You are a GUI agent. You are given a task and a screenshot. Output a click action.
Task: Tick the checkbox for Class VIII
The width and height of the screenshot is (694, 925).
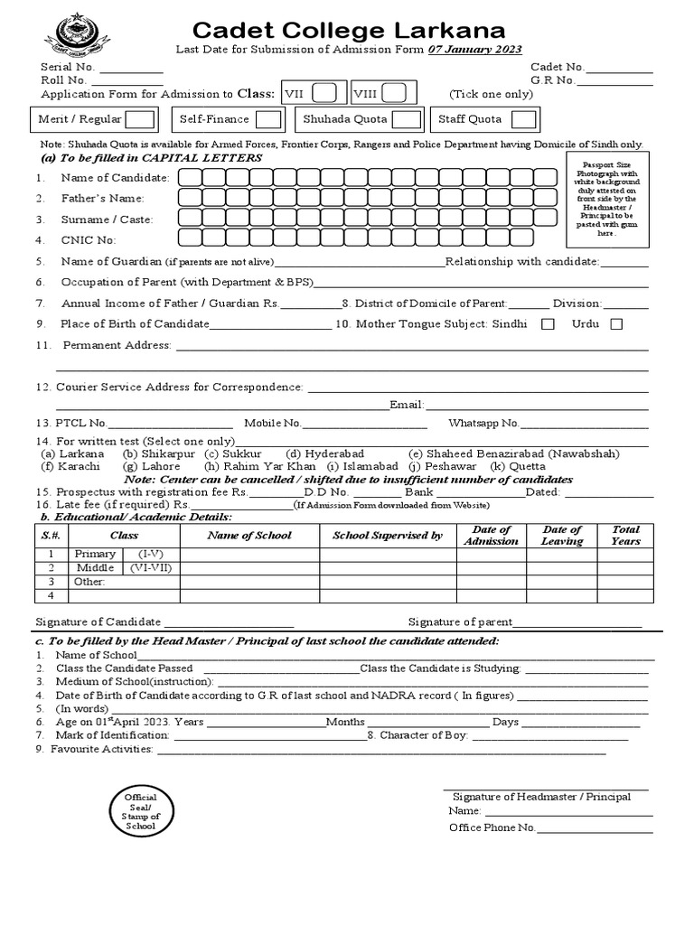point(393,93)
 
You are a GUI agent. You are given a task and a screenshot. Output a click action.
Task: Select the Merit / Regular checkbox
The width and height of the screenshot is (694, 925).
point(139,119)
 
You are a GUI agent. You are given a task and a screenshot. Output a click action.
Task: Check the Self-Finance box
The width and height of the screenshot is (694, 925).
point(267,119)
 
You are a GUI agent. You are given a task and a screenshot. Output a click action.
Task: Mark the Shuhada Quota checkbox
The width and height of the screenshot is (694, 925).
point(406,119)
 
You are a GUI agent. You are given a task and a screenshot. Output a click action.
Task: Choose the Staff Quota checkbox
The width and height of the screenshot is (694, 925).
point(523,119)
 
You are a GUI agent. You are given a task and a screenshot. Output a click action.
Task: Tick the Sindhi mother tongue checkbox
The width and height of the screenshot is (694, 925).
point(547,325)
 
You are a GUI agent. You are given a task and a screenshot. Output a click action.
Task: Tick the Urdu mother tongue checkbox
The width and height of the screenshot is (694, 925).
point(616,325)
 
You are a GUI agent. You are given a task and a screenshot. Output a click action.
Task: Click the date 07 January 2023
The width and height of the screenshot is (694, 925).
point(478,50)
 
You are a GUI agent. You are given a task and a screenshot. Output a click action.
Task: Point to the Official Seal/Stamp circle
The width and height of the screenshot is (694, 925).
point(140,811)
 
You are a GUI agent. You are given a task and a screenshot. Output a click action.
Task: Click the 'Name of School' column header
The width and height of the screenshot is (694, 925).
point(249,536)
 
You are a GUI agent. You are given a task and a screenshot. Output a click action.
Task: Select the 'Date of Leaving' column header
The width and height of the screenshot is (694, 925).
point(561,536)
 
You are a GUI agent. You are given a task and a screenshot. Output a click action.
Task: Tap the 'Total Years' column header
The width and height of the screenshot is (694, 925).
point(625,536)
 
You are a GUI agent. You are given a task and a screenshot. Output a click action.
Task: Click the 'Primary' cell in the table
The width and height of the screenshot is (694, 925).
point(95,554)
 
